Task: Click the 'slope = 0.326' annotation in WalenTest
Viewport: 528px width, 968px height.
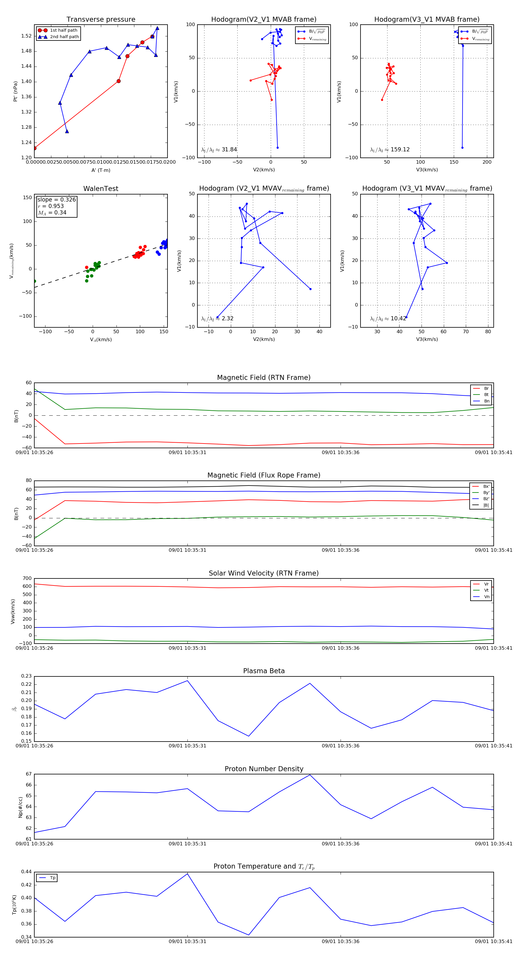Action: pos(56,199)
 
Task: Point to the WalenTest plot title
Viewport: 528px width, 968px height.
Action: pos(101,189)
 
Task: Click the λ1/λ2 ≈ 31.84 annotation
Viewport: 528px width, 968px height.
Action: pos(219,150)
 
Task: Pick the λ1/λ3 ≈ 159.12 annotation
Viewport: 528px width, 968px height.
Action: pos(390,150)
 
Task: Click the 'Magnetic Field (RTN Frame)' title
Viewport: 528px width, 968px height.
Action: pos(264,378)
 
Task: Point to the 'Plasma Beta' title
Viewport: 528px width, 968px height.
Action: pos(264,671)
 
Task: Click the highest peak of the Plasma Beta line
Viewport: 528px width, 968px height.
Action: pos(187,681)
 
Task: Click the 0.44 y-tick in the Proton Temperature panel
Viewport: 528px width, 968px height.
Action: pos(26,872)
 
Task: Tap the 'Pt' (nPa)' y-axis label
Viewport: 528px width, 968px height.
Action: pos(16,91)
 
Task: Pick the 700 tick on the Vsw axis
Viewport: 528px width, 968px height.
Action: pos(27,578)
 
